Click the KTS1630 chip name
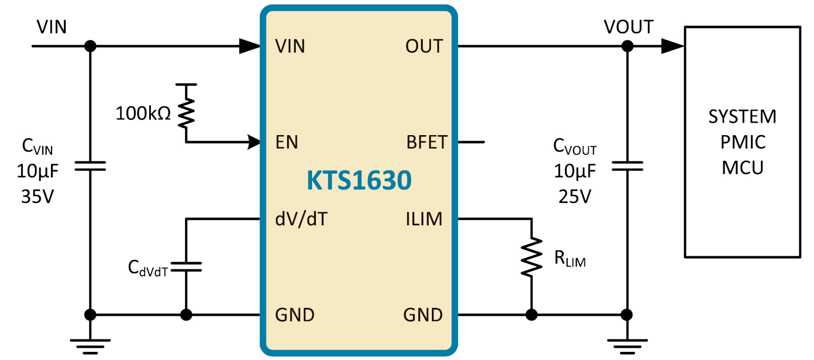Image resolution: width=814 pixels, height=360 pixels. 359,180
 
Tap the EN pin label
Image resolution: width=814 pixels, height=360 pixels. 287,142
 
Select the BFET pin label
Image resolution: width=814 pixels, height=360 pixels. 427,142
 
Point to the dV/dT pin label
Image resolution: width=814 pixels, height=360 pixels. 301,219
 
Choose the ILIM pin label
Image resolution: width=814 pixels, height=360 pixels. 424,219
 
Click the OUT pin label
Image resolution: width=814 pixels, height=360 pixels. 424,46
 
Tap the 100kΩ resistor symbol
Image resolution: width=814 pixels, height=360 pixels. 186,112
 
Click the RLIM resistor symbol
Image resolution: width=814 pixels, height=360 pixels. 532,257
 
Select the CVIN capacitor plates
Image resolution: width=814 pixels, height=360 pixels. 90,166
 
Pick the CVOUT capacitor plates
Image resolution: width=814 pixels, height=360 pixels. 627,166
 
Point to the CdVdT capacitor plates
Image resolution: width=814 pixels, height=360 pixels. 186,267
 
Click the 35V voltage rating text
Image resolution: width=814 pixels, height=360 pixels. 37,197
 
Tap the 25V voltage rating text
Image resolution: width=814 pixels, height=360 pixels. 575,197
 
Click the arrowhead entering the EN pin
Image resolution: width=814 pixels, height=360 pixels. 254,142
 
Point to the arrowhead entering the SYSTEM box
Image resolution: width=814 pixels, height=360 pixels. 673,46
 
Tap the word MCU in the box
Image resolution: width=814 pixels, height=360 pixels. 742,168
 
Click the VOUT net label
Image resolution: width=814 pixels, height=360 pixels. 628,27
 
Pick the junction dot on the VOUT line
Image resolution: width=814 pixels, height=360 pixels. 627,46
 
